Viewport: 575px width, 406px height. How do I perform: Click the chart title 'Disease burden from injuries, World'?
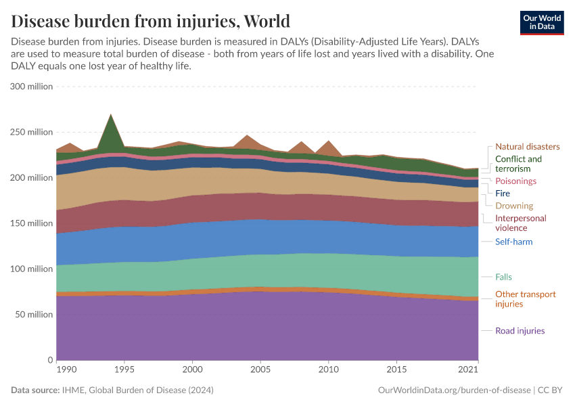pos(150,20)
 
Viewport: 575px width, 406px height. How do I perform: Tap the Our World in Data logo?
pos(541,22)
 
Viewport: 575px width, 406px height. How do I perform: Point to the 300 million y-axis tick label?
pos(32,87)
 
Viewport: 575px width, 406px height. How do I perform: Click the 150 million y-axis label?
pos(32,223)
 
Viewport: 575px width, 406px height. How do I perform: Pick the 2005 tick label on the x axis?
pos(260,370)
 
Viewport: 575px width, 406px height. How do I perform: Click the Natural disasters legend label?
pos(527,146)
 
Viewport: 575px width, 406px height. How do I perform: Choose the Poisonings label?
pos(515,181)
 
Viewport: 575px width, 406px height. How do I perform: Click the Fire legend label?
pos(503,194)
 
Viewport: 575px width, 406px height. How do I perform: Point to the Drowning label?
pos(513,206)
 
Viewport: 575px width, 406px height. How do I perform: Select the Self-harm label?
pos(513,242)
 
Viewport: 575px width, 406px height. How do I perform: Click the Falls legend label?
pos(504,277)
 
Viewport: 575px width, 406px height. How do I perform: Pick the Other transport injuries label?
pos(525,299)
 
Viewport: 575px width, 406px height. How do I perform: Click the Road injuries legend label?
pos(520,331)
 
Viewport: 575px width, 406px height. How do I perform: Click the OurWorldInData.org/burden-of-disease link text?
pos(453,390)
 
